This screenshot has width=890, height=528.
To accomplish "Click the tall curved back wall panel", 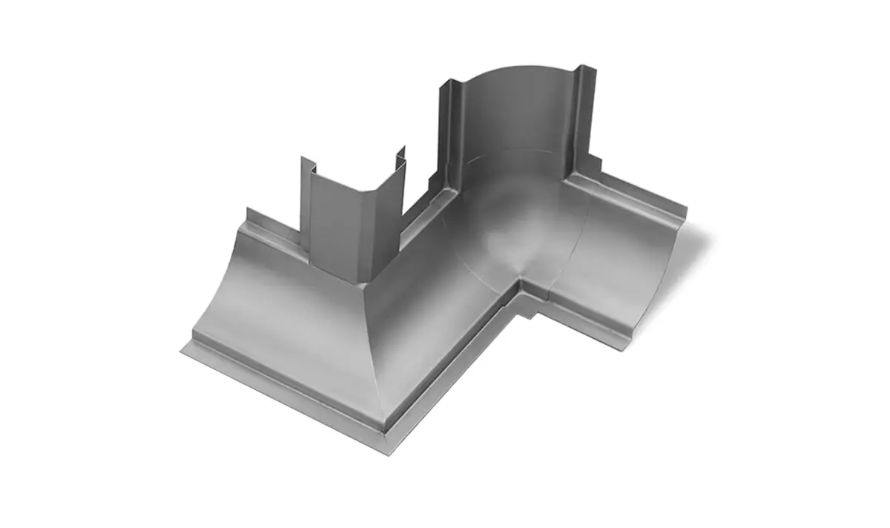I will coord(512,119).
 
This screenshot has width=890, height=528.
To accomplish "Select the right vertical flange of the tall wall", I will coord(584,119).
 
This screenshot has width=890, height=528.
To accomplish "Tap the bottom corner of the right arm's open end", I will coord(627,347).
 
